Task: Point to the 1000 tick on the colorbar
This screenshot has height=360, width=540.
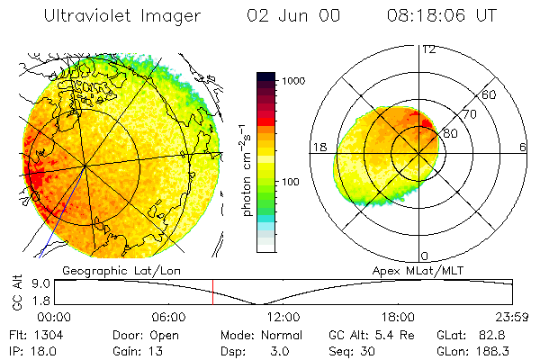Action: coord(295,81)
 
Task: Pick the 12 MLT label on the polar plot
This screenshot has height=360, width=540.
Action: coord(428,49)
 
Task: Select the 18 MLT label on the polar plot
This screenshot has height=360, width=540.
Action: coord(318,147)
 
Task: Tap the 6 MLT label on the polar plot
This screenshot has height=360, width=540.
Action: coord(523,147)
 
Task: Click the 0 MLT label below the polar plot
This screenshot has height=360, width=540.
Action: coord(426,256)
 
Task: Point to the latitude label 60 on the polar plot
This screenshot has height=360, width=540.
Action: coord(490,94)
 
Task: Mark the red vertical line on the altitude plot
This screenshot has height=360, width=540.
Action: coord(212,292)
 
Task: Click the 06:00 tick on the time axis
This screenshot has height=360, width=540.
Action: coord(169,317)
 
